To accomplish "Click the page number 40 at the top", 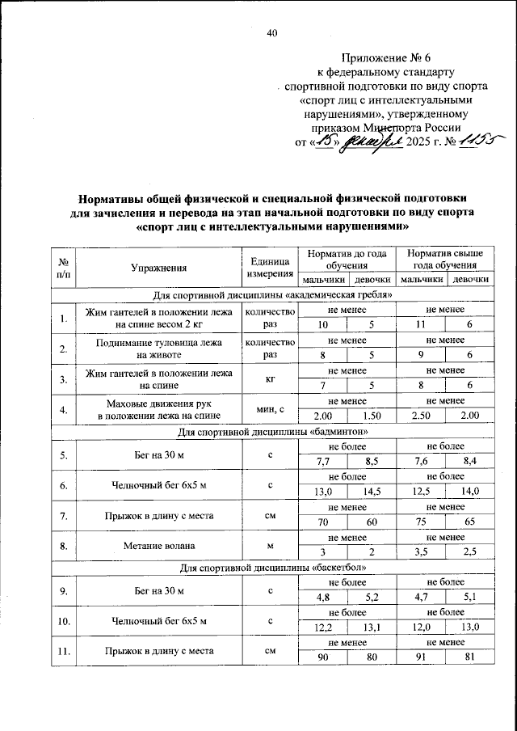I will coord(271,33).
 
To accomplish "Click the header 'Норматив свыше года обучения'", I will coord(445,260).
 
